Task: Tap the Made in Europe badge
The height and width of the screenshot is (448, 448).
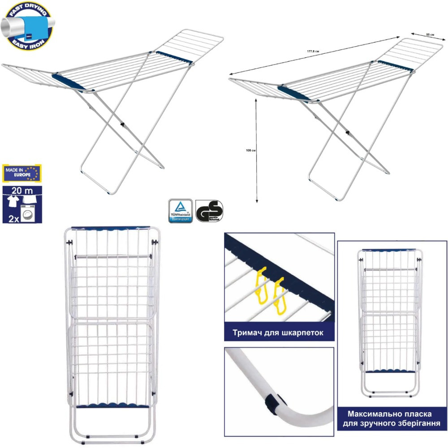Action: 22,173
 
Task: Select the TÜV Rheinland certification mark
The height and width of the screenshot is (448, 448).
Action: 181,211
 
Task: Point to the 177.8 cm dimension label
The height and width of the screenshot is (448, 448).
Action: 313,51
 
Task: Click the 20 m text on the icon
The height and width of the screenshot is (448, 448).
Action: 20,192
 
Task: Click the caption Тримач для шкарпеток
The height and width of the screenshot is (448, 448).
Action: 279,333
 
